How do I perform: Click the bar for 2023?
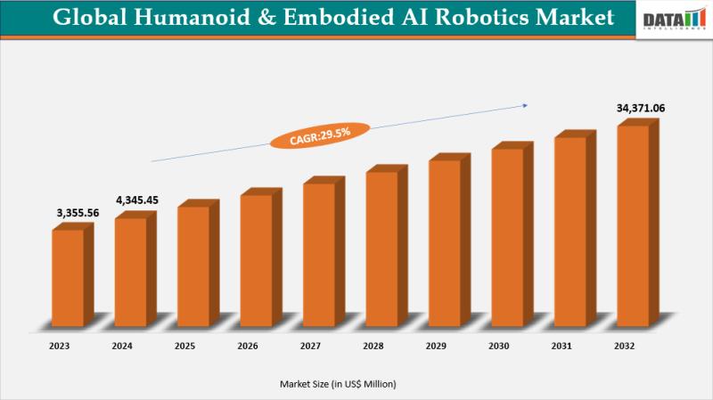[68, 278]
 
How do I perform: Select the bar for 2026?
[256, 260]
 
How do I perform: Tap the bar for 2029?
[445, 242]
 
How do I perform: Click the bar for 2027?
[319, 254]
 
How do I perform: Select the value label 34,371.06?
[641, 108]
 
